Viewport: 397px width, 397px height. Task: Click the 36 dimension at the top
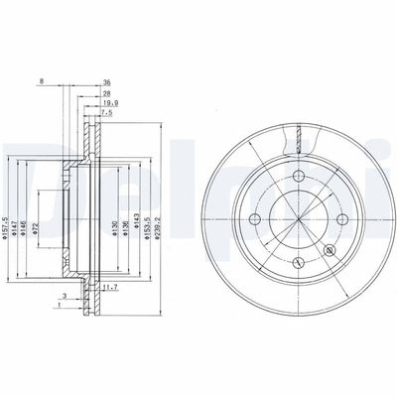[106, 82]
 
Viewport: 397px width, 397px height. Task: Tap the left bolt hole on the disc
[256, 218]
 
